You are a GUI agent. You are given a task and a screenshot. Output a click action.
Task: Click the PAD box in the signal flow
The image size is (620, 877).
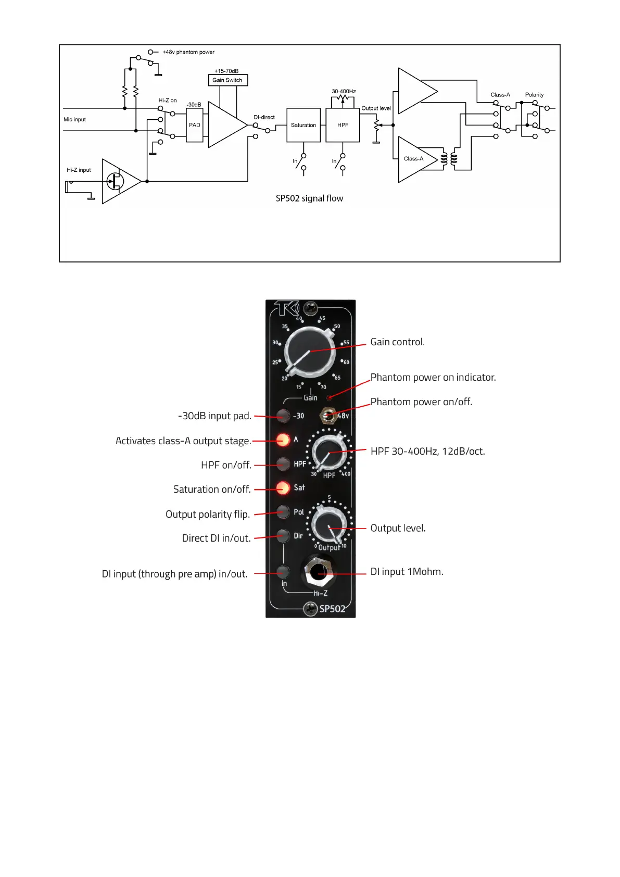[194, 125]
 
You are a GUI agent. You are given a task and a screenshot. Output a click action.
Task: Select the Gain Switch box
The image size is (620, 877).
[227, 80]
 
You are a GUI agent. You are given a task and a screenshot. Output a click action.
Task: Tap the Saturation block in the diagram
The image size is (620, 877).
[303, 125]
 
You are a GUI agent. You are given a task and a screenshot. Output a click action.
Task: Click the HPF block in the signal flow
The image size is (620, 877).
[343, 125]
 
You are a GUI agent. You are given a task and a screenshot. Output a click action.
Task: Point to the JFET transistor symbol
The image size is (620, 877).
[115, 181]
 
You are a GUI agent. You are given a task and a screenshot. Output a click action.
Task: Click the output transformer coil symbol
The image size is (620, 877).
[449, 159]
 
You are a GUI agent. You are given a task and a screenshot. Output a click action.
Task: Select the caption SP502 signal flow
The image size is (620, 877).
[309, 198]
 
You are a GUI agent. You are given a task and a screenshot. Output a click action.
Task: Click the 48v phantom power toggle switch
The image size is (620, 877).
[327, 416]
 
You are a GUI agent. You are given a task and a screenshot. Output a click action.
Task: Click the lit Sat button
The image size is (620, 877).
[283, 488]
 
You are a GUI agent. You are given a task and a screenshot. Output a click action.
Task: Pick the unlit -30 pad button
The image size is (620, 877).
[283, 416]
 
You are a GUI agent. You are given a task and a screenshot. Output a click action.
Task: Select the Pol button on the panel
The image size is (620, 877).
[283, 511]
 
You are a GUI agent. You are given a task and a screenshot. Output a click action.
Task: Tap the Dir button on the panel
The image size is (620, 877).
[283, 535]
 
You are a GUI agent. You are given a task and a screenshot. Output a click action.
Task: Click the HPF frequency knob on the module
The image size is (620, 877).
[329, 452]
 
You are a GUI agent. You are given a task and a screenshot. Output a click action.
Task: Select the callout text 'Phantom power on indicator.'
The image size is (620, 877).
[433, 378]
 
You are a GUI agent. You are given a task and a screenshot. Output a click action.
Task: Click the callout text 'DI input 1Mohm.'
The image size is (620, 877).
[407, 572]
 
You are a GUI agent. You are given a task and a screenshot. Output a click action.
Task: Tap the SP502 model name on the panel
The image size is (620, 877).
[332, 609]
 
